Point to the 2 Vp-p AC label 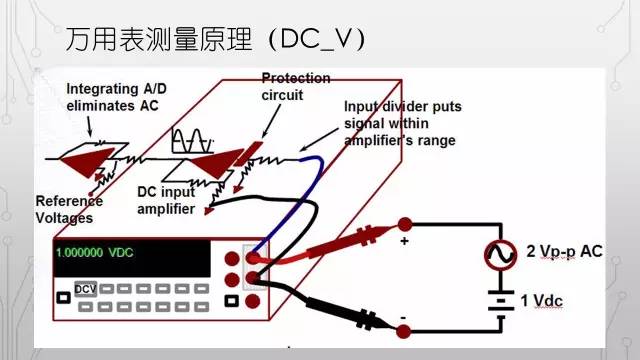click(x=563, y=250)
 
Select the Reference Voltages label click(x=69, y=209)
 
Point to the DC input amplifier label click(x=172, y=196)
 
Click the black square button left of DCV click(x=62, y=297)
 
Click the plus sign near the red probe click(x=404, y=241)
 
